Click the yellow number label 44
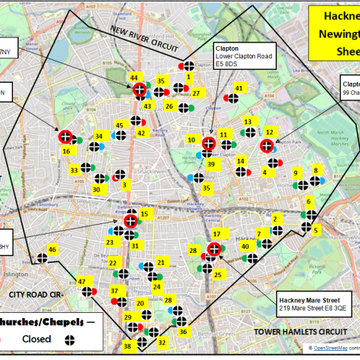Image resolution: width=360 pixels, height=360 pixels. pos(134,77)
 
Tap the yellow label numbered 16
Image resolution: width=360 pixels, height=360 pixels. pos(67,151)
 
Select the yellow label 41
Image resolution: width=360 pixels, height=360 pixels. pos(238,88)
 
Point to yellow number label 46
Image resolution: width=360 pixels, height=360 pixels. pos(52,249)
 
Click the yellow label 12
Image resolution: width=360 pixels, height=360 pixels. pos(269,131)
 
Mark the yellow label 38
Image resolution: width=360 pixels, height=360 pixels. pos(128,346)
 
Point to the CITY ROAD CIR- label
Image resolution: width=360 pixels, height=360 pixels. pos(37,292)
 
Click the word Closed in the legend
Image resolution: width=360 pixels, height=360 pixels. pos(36,339)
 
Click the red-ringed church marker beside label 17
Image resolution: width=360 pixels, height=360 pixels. pos(214,248)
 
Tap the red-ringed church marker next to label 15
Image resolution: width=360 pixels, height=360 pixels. pos(131,220)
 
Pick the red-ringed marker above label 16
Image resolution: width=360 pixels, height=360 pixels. pos(66,137)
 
